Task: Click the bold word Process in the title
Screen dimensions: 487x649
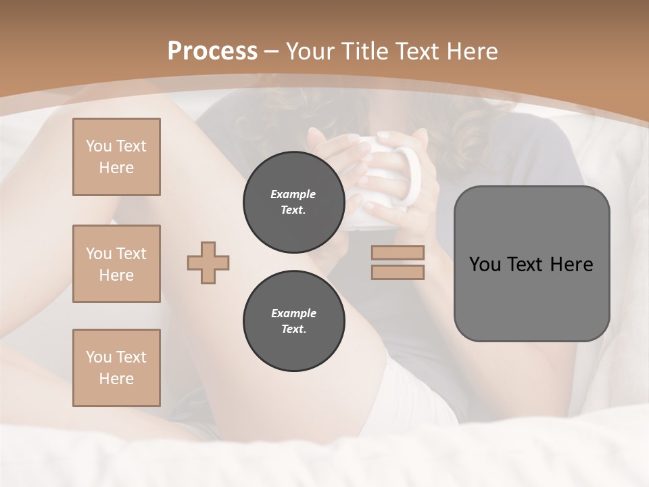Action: coord(212,51)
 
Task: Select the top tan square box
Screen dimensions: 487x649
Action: coord(116,157)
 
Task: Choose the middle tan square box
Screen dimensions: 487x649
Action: coord(116,264)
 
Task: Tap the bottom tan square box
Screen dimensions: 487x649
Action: coord(116,368)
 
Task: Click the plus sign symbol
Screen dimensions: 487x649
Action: coord(208,262)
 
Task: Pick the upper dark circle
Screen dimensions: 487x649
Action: coord(293,202)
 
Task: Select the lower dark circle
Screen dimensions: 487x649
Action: coord(293,321)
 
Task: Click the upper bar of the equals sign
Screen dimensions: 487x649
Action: coord(398,252)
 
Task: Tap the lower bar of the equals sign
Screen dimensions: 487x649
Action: coord(398,272)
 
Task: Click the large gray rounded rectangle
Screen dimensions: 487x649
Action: coord(531,264)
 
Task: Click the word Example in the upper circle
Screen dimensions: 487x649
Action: coord(293,194)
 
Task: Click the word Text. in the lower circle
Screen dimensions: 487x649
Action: coord(293,329)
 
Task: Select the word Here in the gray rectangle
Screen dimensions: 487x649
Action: coord(571,264)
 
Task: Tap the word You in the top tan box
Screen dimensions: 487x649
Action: coord(98,146)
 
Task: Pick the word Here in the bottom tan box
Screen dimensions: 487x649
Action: coord(116,379)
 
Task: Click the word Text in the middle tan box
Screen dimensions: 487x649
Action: coord(131,254)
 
